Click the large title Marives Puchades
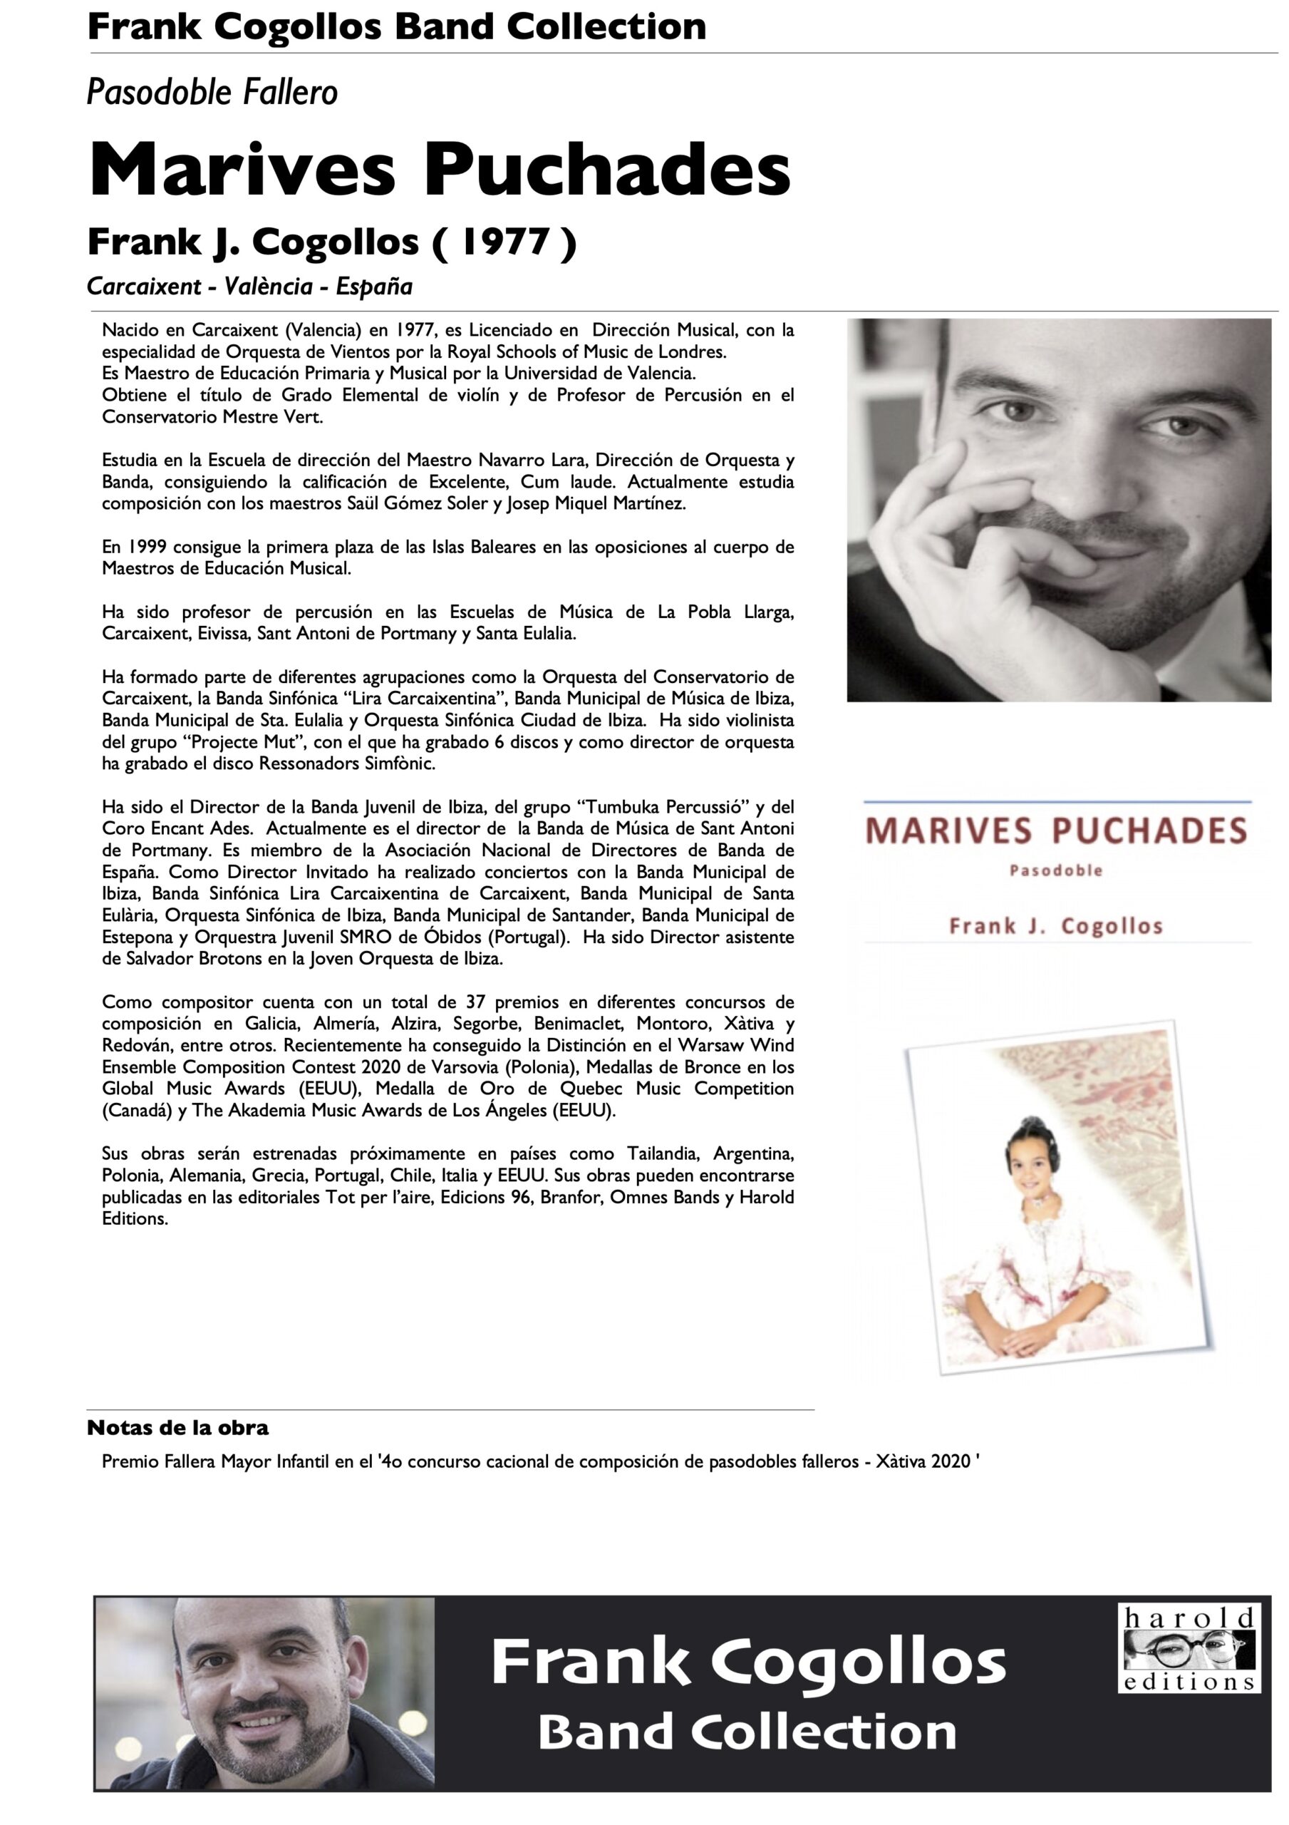pyautogui.click(x=440, y=170)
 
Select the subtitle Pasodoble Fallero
pyautogui.click(x=212, y=93)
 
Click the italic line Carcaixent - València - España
pyautogui.click(x=249, y=286)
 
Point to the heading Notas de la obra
pyautogui.click(x=177, y=1428)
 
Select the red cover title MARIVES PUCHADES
pyautogui.click(x=1055, y=831)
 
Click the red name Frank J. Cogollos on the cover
pyautogui.click(x=1055, y=926)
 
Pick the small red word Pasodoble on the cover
pyautogui.click(x=1055, y=870)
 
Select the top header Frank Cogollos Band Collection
pyautogui.click(x=397, y=26)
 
